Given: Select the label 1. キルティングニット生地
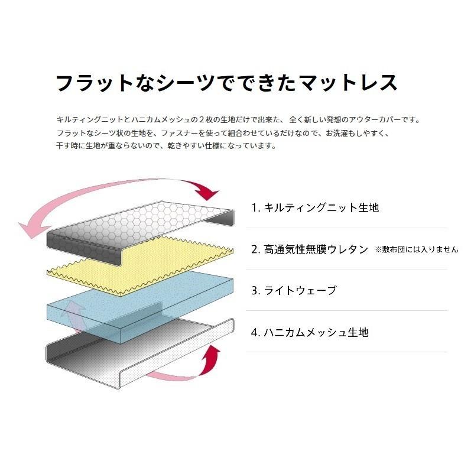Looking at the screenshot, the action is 315,207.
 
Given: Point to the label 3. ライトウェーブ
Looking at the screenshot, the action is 294,290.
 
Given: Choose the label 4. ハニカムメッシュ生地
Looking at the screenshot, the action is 310,332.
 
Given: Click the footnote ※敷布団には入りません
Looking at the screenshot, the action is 416,249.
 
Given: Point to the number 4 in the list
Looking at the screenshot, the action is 254,332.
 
